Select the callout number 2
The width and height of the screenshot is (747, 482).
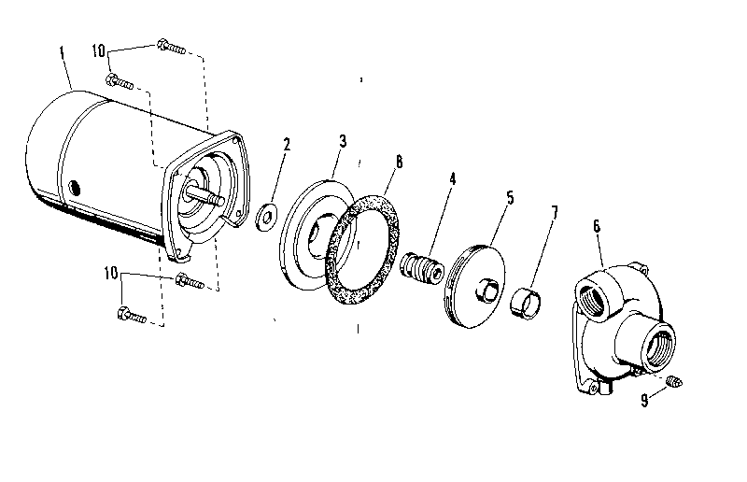click(x=287, y=145)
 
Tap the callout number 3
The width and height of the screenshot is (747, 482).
click(x=343, y=141)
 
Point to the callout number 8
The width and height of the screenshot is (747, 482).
click(x=399, y=161)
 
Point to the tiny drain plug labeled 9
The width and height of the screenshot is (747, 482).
click(x=677, y=379)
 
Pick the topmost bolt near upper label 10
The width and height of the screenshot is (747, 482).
click(x=171, y=45)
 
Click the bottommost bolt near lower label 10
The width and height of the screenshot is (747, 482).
click(x=132, y=315)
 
